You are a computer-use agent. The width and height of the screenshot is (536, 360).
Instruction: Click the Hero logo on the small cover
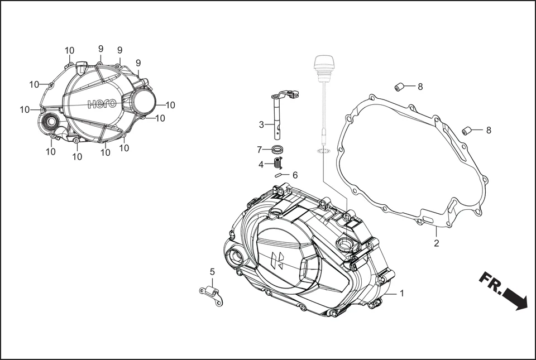click(103, 104)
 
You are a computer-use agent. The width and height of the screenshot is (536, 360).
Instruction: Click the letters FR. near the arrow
click(491, 284)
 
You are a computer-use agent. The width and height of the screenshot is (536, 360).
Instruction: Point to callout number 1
click(401, 293)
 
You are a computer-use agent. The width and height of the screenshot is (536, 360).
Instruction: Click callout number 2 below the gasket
click(436, 243)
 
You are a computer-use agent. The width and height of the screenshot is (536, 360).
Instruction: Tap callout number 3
click(261, 124)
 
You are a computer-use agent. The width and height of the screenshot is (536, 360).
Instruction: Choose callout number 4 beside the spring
click(261, 164)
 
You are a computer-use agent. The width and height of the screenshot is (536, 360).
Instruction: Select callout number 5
click(212, 272)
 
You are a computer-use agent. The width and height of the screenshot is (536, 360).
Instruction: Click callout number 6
click(295, 175)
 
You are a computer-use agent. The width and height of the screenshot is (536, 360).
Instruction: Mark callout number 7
click(260, 150)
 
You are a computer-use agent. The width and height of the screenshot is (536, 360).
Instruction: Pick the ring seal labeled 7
click(277, 149)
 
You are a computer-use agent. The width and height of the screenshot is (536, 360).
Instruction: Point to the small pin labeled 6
click(280, 175)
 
